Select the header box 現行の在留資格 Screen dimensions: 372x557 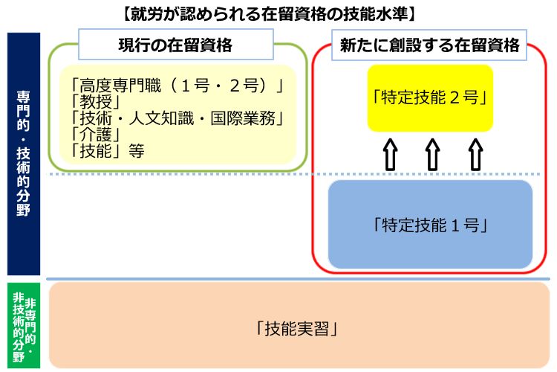click(x=175, y=45)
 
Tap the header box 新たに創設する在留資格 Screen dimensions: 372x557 click(x=429, y=45)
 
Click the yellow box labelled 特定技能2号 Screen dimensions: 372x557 click(x=430, y=97)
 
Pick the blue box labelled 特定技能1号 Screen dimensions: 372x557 click(x=430, y=224)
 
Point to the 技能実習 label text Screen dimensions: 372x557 click(x=298, y=327)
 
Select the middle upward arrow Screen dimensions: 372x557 click(x=431, y=155)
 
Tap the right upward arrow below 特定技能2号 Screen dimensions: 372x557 click(x=474, y=155)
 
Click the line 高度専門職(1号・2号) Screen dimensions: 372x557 click(x=177, y=86)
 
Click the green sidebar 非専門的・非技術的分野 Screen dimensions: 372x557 click(x=23, y=326)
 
